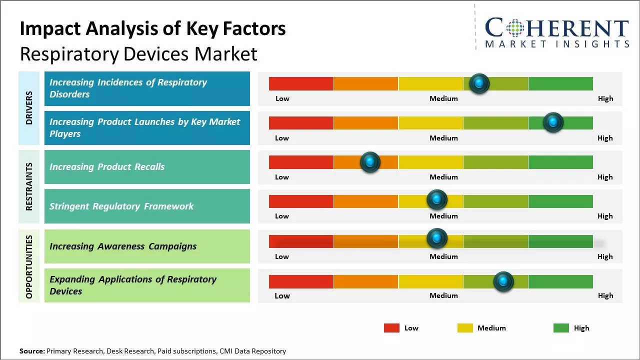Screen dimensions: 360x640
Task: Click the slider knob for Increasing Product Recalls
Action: pyautogui.click(x=370, y=162)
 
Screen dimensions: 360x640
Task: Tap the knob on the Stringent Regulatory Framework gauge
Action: pyautogui.click(x=437, y=199)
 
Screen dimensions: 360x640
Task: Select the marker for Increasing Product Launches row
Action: pyautogui.click(x=553, y=122)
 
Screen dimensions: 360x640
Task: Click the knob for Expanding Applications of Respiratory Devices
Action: pyautogui.click(x=503, y=281)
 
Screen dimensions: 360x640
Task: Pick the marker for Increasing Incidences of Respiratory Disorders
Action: pyautogui.click(x=479, y=83)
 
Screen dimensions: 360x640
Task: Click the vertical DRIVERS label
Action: pyautogui.click(x=28, y=108)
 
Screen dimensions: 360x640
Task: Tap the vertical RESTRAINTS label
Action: pyautogui.click(x=28, y=186)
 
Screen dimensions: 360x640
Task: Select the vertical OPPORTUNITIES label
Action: pyautogui.click(x=28, y=266)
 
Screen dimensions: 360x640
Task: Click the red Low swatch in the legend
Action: pyautogui.click(x=391, y=328)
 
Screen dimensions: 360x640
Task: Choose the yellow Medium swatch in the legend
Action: pyautogui.click(x=465, y=328)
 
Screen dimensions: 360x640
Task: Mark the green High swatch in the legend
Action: pyautogui.click(x=561, y=328)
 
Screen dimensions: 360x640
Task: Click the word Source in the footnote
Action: pyautogui.click(x=31, y=351)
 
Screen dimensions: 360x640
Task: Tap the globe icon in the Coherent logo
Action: pyautogui.click(x=514, y=28)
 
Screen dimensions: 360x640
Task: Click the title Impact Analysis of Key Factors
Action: pyautogui.click(x=152, y=28)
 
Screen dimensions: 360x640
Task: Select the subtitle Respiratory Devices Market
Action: pyautogui.click(x=138, y=53)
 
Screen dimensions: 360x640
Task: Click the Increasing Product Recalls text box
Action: pyautogui.click(x=147, y=167)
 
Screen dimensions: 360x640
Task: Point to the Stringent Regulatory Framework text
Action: pyautogui.click(x=121, y=206)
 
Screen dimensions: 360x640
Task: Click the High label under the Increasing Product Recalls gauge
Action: pyautogui.click(x=605, y=177)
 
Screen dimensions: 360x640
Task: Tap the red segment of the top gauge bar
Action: pyautogui.click(x=301, y=83)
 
